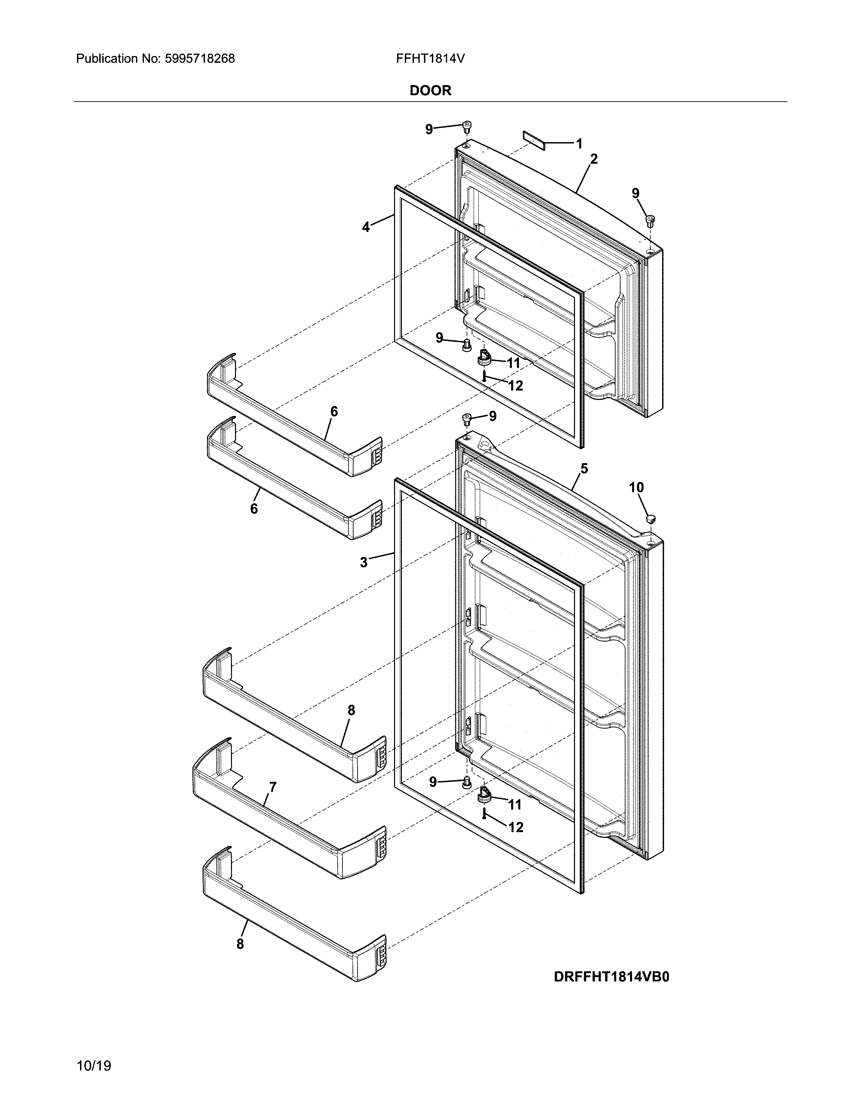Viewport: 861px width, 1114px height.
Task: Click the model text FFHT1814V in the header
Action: (x=430, y=59)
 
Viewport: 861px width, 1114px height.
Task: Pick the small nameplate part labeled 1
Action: (x=533, y=140)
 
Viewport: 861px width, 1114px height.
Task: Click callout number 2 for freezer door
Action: (x=593, y=159)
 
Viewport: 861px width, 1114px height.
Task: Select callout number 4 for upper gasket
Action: (x=366, y=227)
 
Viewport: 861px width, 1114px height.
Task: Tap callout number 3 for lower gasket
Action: (x=364, y=562)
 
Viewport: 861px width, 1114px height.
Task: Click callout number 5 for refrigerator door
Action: (x=584, y=468)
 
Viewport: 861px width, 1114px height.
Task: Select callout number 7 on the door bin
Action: (x=273, y=787)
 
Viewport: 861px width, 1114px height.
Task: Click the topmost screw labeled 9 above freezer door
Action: (x=467, y=125)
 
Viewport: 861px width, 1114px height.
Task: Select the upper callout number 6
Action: (x=334, y=411)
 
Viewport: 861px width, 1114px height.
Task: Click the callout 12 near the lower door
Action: (x=516, y=827)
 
